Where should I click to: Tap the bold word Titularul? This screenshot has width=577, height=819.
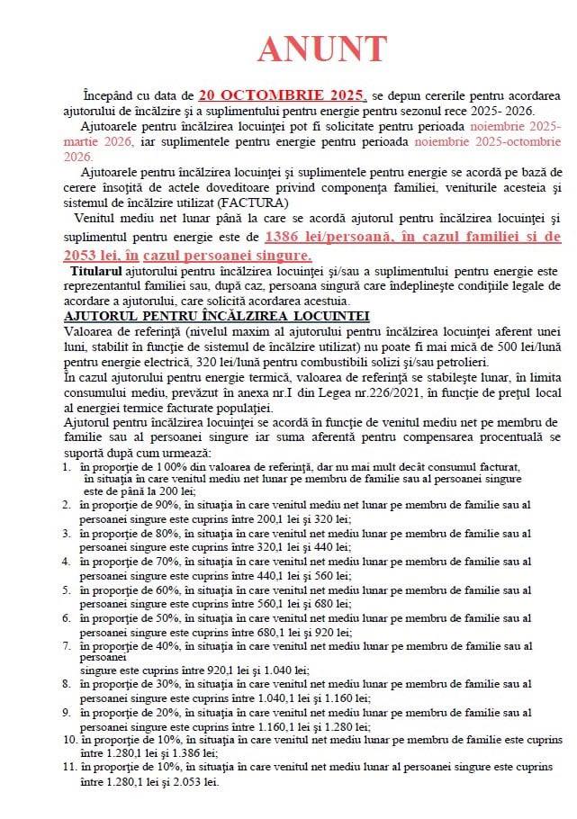point(95,270)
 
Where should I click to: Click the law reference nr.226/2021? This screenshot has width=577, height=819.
point(347,392)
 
